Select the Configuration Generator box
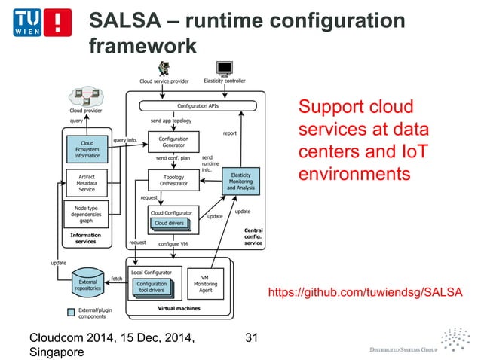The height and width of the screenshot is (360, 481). click(x=173, y=142)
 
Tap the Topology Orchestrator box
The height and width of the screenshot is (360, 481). click(x=173, y=182)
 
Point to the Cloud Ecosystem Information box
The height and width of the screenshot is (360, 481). click(x=87, y=148)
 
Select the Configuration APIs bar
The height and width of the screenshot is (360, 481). click(x=198, y=106)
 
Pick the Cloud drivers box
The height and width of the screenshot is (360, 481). click(x=170, y=223)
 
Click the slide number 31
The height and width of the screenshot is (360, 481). click(x=251, y=337)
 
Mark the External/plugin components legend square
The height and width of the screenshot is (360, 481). click(x=70, y=311)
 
